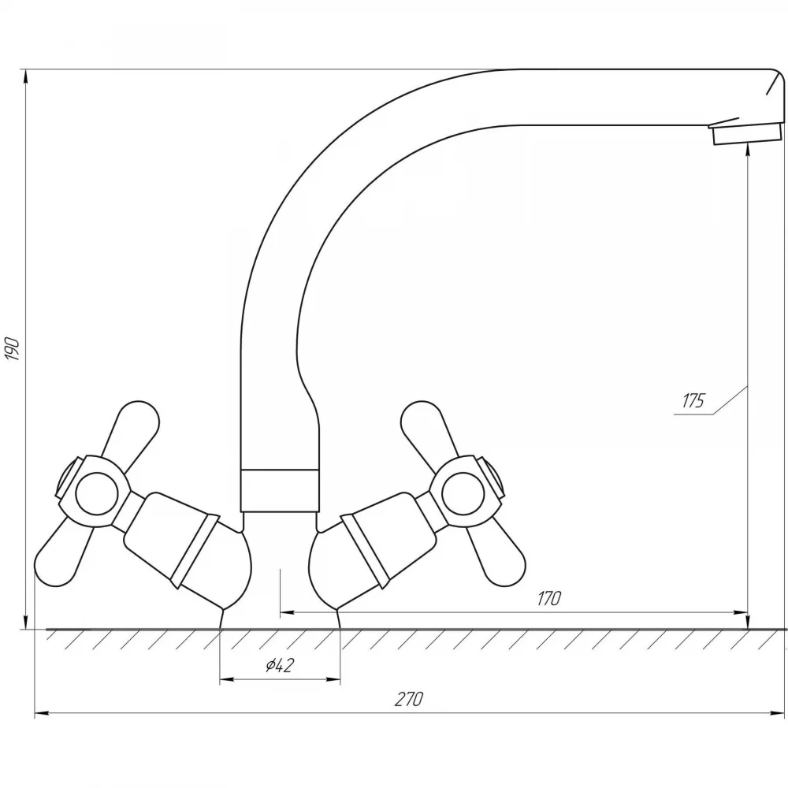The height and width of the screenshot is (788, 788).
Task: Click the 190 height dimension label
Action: pos(12,350)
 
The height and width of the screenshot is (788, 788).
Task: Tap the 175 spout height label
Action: pos(693,400)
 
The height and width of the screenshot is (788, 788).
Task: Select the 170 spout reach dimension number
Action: pos(548,599)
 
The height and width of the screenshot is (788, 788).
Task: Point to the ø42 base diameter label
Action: pos(280,665)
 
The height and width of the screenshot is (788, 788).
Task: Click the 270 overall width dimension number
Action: pos(408,699)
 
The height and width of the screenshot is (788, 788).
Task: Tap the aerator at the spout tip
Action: pos(747,133)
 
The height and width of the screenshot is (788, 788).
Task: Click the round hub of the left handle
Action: pos(96,493)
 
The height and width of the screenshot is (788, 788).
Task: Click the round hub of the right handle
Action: pos(463,493)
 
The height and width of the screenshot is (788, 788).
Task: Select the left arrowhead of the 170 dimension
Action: pos(287,612)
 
